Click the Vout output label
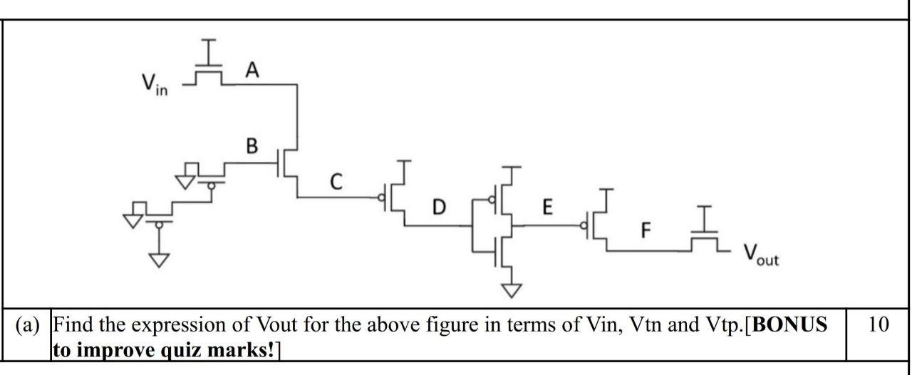coord(761,255)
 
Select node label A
coord(251,69)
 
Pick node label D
coord(440,208)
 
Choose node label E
coord(546,207)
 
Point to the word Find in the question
coord(74,326)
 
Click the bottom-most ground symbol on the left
coord(159,260)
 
